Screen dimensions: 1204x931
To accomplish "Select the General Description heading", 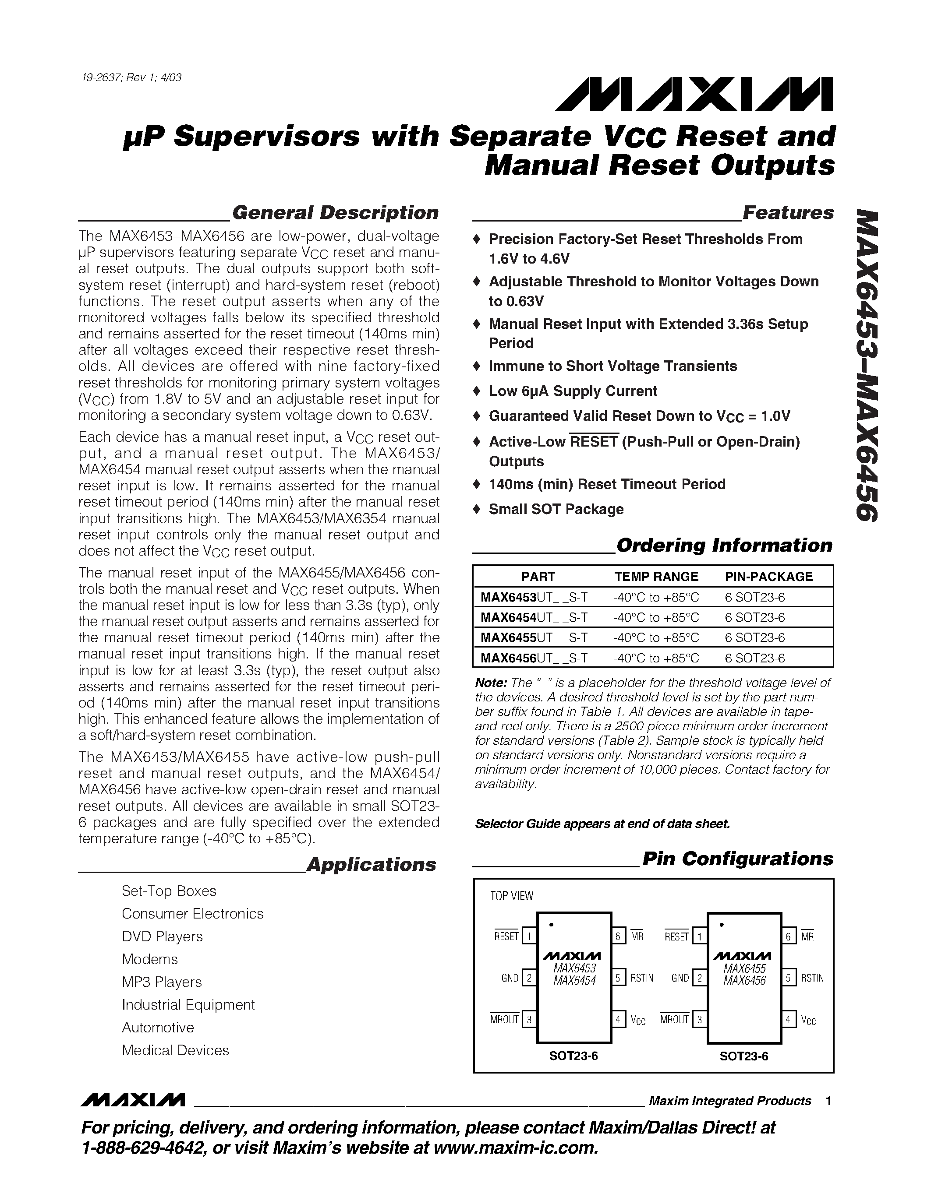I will [x=335, y=212].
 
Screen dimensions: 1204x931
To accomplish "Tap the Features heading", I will [x=788, y=212].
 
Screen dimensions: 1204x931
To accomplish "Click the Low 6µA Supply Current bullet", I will [x=573, y=391].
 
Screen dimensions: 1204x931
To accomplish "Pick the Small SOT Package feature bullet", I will [x=556, y=509].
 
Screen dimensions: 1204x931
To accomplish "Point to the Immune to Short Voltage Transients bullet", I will [x=612, y=366].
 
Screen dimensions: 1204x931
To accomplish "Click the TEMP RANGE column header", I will [x=656, y=577].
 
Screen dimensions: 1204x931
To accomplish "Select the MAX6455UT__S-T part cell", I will [x=533, y=638].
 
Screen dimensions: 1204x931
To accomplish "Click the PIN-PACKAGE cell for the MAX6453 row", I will [x=754, y=598].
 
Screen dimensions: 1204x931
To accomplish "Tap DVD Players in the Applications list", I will [x=162, y=936].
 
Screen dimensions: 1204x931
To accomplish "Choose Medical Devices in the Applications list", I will [x=175, y=1050].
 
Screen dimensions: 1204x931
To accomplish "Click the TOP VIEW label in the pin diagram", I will [x=511, y=896].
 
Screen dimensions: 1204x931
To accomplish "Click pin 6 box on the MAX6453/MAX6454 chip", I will [x=618, y=936].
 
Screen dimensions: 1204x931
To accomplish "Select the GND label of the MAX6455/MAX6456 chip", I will [x=680, y=978].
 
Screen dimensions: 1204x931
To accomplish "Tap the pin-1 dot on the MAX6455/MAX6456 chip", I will [x=722, y=925].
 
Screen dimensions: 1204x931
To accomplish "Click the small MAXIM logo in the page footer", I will [x=132, y=1100].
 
